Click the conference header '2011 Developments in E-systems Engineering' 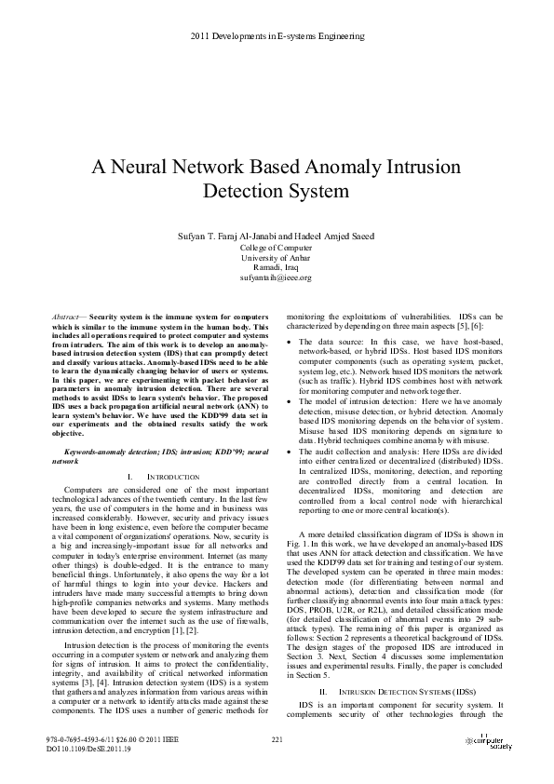(x=277, y=36)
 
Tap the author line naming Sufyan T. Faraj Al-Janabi (x=276, y=237)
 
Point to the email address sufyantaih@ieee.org (x=276, y=277)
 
